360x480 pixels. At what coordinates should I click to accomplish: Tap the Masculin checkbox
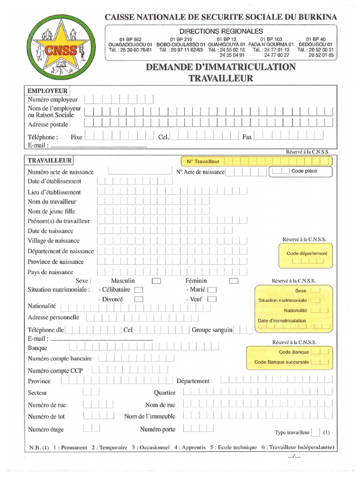click(157, 281)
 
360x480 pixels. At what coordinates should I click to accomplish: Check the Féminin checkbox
click(234, 281)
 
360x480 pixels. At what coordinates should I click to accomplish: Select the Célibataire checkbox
click(139, 290)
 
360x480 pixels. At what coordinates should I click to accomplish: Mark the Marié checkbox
click(212, 290)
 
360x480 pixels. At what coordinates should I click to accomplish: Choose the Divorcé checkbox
click(139, 299)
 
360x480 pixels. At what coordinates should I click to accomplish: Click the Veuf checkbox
click(212, 299)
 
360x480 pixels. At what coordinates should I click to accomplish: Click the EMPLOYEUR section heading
click(47, 91)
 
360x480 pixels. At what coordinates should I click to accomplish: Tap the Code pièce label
click(304, 171)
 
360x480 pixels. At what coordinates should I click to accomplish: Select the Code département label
click(307, 254)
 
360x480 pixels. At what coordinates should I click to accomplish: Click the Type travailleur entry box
click(316, 433)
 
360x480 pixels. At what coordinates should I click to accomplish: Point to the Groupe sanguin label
click(212, 330)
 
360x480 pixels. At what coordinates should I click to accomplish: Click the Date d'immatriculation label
click(282, 321)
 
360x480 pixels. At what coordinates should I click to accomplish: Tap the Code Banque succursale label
click(282, 362)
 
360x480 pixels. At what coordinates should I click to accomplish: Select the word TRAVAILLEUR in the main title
click(221, 78)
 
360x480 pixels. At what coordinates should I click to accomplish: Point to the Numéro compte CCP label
click(55, 370)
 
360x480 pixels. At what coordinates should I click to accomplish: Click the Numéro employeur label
click(52, 99)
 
